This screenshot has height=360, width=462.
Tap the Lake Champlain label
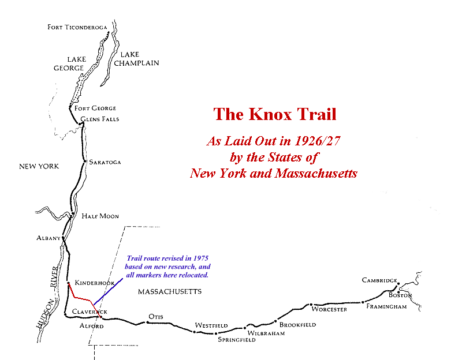click(x=136, y=59)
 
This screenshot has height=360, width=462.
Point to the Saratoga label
click(x=105, y=162)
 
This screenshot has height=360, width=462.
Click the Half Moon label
click(x=100, y=216)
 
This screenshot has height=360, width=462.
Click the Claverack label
click(x=90, y=312)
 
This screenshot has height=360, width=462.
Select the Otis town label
click(x=157, y=317)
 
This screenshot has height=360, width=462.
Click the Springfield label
click(x=236, y=340)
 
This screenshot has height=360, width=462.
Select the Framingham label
click(x=386, y=306)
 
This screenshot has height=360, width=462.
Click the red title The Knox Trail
click(x=275, y=114)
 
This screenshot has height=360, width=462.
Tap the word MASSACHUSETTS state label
click(x=170, y=292)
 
